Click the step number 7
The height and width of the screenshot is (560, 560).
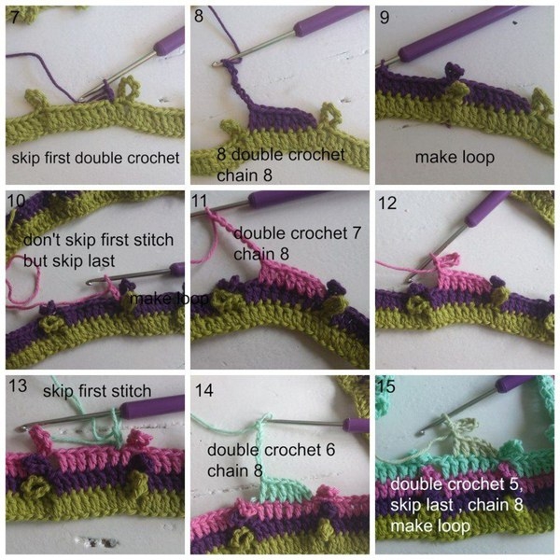point(15,17)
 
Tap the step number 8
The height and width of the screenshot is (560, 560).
point(199,16)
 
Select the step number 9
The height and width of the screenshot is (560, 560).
point(385,17)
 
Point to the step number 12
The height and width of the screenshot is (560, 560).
point(387,203)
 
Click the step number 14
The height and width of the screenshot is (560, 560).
point(203,390)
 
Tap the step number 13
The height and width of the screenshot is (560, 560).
point(18,385)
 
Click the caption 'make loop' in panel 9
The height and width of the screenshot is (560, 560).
point(455,157)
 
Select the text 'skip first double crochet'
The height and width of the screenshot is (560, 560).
point(95,158)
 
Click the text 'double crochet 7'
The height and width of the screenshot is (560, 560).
point(297,233)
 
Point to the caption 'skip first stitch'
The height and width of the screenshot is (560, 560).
point(97,391)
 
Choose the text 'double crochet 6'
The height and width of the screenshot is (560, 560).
point(271,450)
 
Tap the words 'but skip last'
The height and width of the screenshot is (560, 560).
point(69,260)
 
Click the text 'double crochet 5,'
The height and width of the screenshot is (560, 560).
point(456,484)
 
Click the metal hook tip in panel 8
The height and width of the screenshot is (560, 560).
point(216,64)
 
